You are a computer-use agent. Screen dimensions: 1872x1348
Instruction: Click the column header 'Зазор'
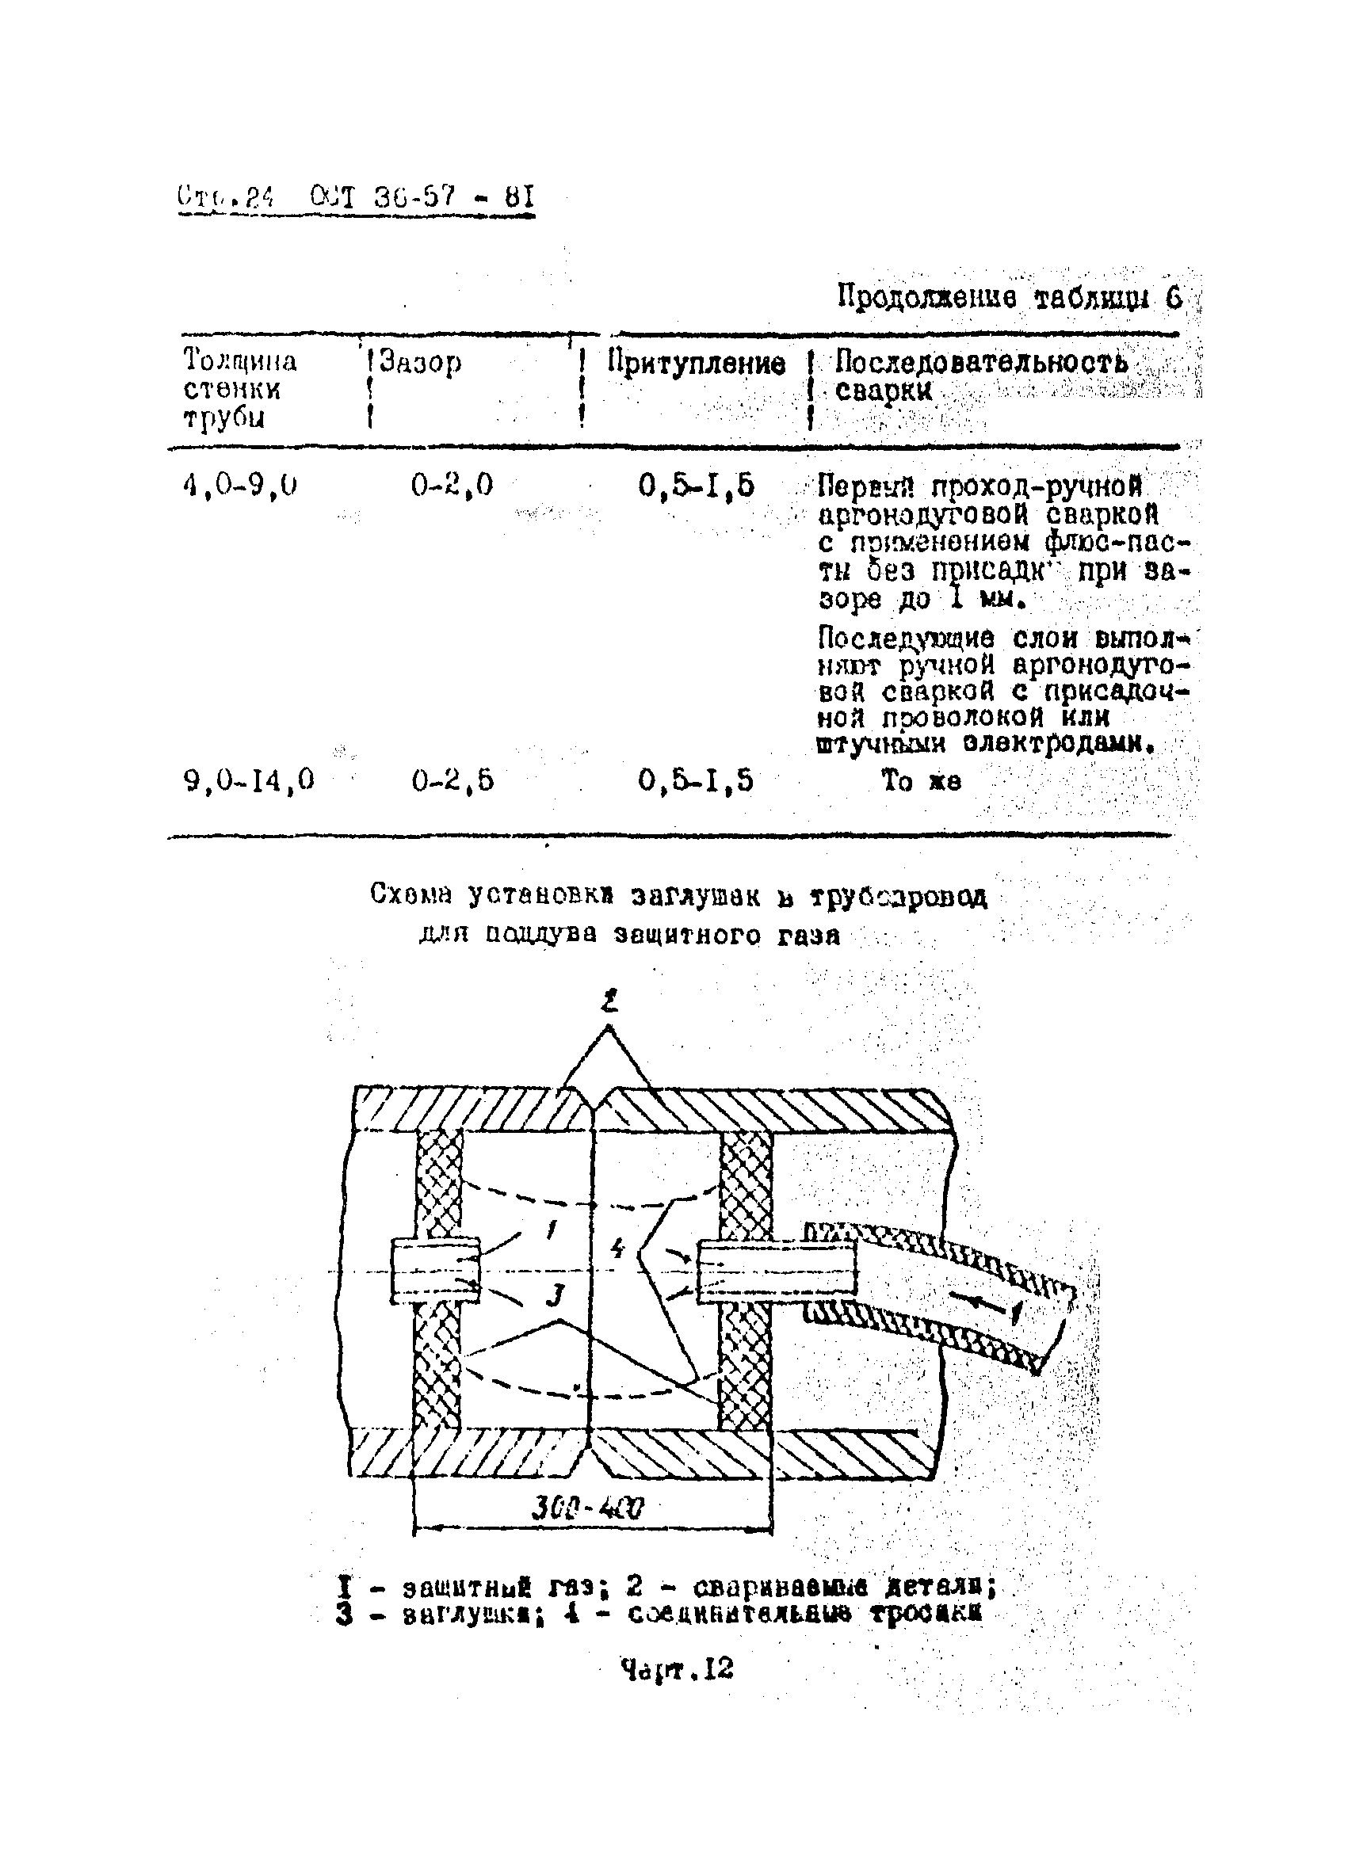tap(420, 363)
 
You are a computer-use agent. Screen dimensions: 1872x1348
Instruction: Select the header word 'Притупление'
tap(696, 363)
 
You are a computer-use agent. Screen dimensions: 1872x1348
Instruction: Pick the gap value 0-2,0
tap(452, 485)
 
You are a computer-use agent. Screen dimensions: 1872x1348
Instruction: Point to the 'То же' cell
tap(920, 780)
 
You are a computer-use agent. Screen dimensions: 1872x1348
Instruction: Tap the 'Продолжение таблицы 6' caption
tap(1009, 297)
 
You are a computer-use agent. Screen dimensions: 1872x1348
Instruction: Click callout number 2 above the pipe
tap(609, 1003)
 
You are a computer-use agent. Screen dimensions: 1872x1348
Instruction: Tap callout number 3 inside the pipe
tap(556, 1298)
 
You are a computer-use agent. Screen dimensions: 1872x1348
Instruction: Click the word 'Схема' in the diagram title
tap(411, 894)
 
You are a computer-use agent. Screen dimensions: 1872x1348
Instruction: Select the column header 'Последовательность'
tap(980, 361)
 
